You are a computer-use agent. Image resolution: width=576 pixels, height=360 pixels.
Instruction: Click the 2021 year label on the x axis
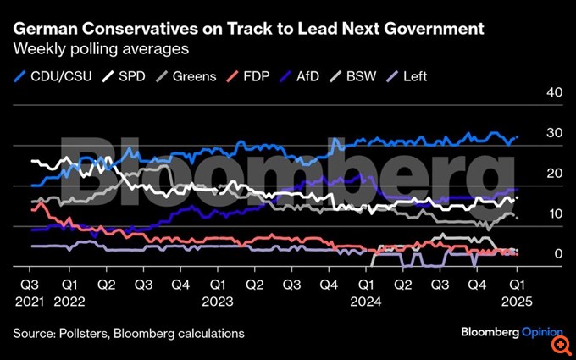point(29,301)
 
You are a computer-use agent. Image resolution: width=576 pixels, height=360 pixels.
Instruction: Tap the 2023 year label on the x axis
point(219,301)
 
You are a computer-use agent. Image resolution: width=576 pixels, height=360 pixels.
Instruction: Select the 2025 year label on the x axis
point(517,301)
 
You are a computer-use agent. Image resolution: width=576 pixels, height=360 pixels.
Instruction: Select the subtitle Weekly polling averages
point(101,50)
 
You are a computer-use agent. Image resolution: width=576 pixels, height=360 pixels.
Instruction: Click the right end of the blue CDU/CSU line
point(518,136)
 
